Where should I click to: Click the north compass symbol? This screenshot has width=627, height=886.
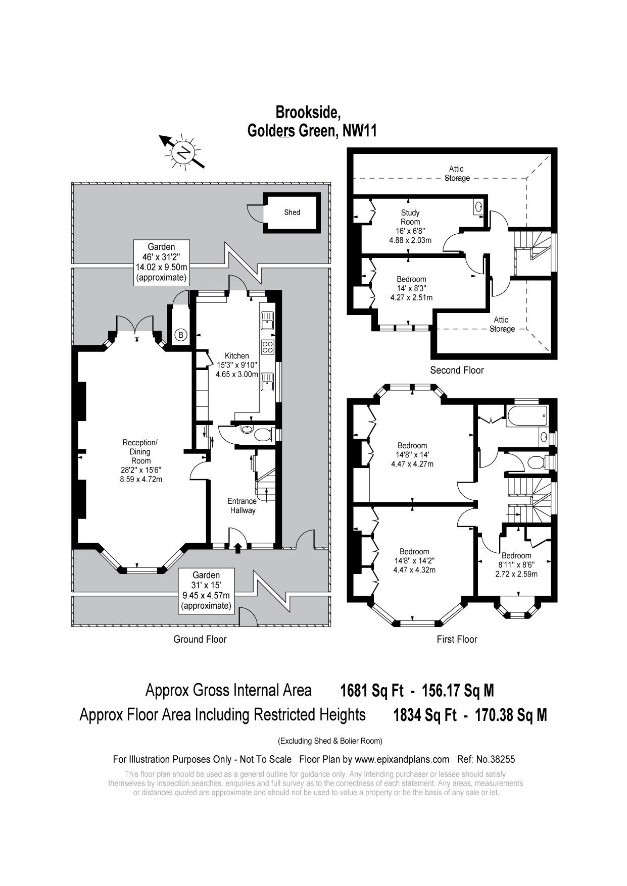[182, 151]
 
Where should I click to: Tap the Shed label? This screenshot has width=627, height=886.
[292, 213]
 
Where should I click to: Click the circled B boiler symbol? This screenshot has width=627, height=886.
[180, 334]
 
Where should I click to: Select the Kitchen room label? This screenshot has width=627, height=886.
[236, 356]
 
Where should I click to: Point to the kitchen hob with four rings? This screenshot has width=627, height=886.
[267, 347]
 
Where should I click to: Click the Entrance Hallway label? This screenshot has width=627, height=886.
[242, 506]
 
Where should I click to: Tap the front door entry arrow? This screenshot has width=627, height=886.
[238, 547]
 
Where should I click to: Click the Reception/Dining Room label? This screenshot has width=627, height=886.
[140, 452]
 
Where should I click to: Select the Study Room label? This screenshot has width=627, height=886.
[410, 217]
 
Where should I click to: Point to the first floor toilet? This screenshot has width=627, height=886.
[536, 461]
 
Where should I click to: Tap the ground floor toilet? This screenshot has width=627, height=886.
[263, 434]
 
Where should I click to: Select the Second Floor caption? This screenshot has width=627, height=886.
[457, 370]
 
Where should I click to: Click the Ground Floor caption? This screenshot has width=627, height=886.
[200, 639]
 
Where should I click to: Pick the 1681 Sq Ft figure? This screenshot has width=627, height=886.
[372, 690]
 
